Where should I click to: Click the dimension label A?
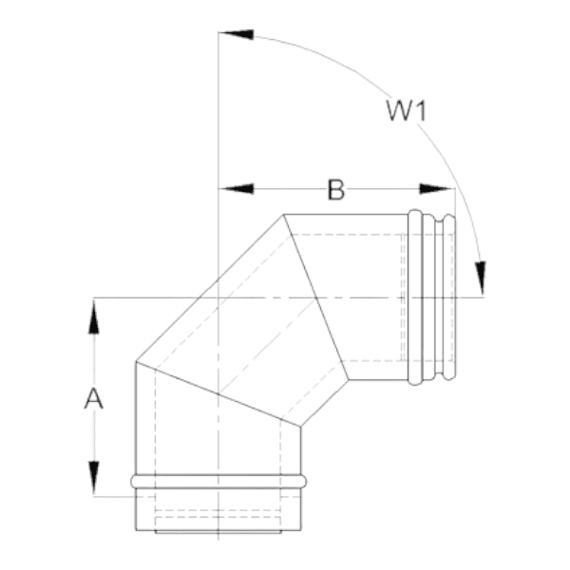pos(94,398)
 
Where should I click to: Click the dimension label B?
pos(336,189)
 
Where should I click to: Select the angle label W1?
pos(406,110)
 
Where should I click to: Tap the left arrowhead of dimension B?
pos(237,189)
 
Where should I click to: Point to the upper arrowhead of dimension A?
pos(94,316)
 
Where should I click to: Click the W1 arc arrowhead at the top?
pos(237,34)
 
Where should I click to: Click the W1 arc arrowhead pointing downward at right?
pos(482,278)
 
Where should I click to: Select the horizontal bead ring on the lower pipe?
pos(218,482)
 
